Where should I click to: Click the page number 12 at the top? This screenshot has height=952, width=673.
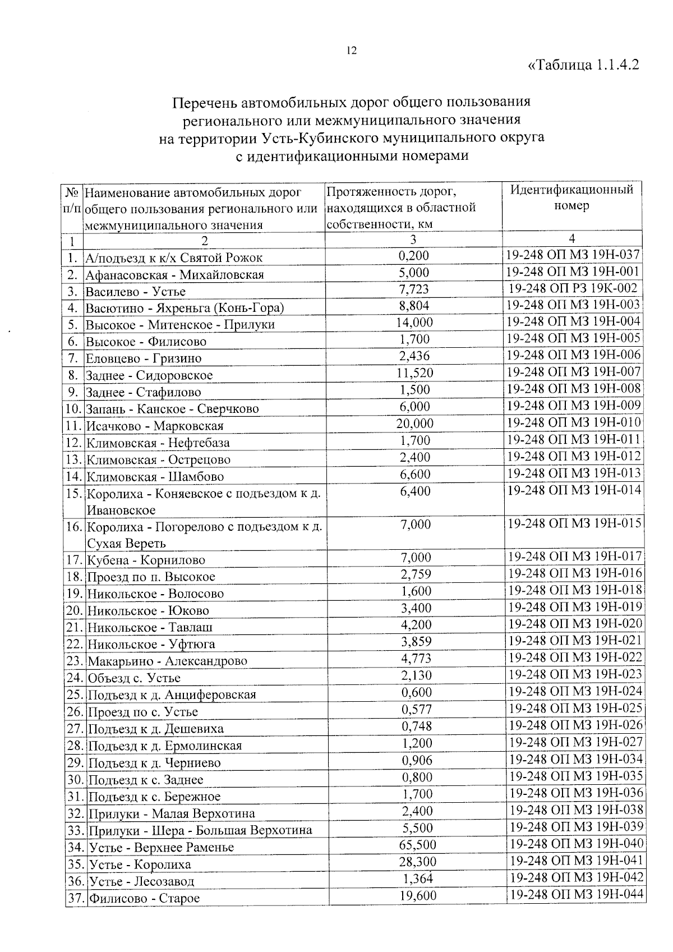click(x=351, y=50)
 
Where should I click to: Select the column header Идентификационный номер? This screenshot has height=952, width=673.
click(x=571, y=197)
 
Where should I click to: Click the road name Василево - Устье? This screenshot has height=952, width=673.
click(x=135, y=292)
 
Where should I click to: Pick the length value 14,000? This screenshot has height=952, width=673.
click(x=414, y=323)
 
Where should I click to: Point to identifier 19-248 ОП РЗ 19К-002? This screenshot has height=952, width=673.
click(x=572, y=288)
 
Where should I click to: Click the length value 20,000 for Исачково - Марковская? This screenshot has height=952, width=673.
click(x=414, y=424)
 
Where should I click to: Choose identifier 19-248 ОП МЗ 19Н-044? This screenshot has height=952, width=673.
click(x=575, y=894)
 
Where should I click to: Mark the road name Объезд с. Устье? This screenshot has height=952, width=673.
click(x=134, y=678)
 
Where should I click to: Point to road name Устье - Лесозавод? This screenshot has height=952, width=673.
click(x=141, y=881)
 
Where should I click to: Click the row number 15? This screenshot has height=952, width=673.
click(x=74, y=494)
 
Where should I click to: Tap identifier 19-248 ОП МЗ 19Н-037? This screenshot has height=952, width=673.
click(x=572, y=255)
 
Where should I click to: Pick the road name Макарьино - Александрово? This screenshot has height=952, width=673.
click(x=167, y=661)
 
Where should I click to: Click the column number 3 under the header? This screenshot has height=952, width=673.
click(x=413, y=240)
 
